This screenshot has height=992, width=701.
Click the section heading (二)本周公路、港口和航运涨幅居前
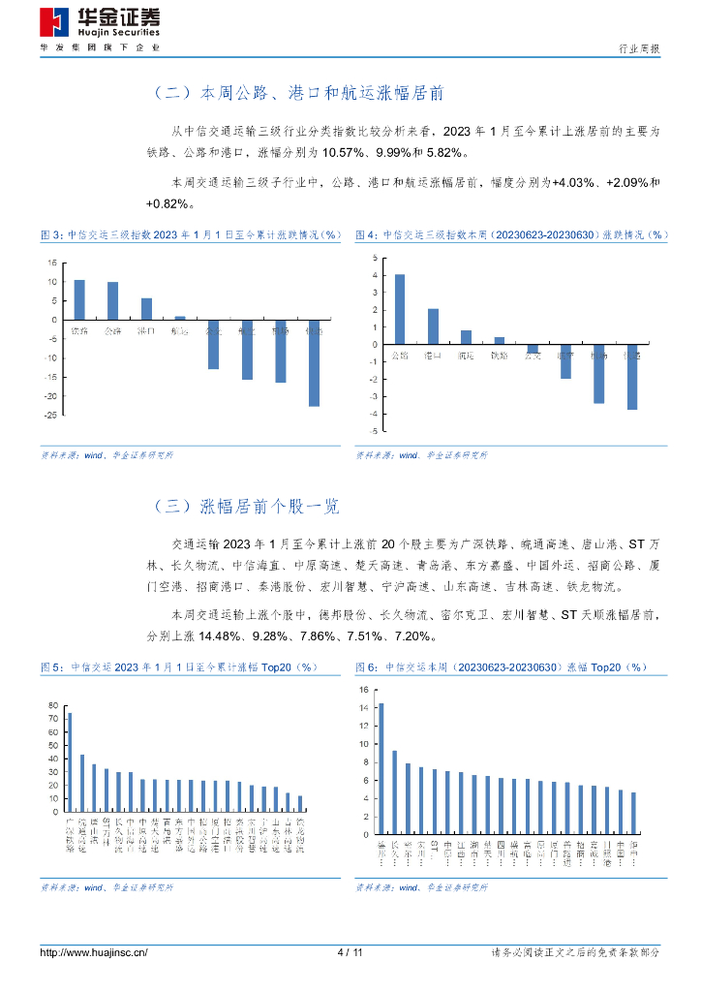click(x=298, y=93)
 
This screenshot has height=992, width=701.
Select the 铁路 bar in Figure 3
click(x=79, y=299)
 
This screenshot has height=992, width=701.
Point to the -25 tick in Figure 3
click(x=48, y=415)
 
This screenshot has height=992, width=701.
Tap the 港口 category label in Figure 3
click(x=146, y=331)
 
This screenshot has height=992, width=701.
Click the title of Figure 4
click(x=511, y=234)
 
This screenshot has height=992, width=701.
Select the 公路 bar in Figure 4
click(x=399, y=309)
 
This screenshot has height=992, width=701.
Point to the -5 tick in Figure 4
click(x=375, y=430)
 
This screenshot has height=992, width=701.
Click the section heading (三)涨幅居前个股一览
click(x=246, y=506)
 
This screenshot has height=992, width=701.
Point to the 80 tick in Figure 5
click(x=52, y=704)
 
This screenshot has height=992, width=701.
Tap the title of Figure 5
click(x=179, y=667)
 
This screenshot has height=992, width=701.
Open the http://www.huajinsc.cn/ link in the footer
click(x=93, y=952)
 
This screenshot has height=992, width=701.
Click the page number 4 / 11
click(x=350, y=952)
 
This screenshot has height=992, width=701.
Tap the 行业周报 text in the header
click(x=640, y=48)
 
